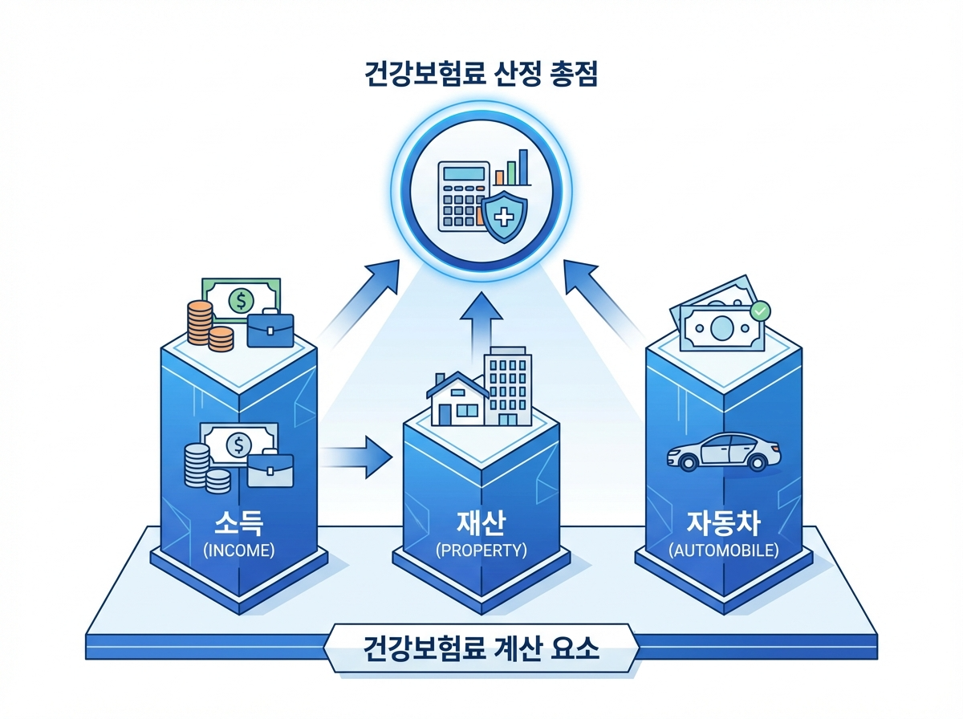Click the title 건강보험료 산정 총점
(x=481, y=77)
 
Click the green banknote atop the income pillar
(x=241, y=300)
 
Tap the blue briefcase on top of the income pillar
(x=270, y=330)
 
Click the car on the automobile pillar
(x=724, y=452)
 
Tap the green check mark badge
(x=758, y=309)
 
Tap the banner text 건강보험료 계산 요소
(x=481, y=647)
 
